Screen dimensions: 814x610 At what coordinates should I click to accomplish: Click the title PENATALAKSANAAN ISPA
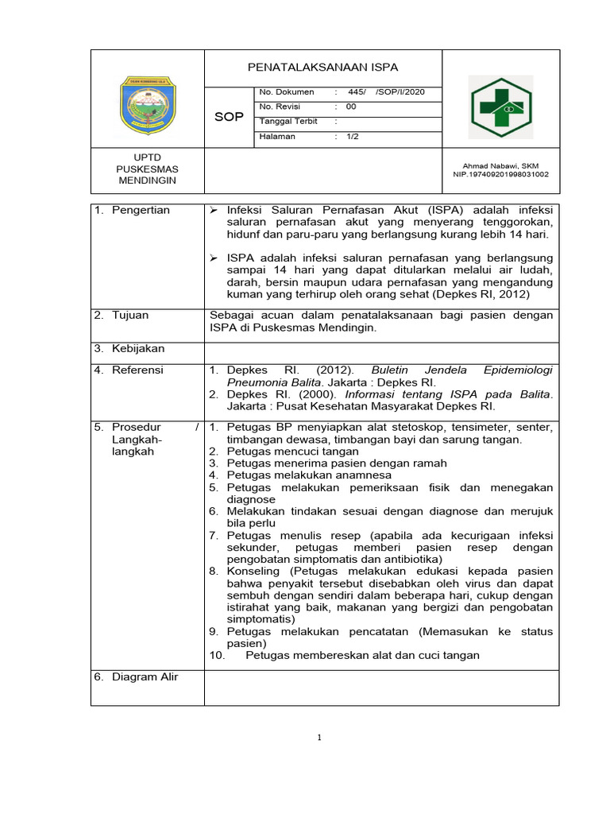[323, 68]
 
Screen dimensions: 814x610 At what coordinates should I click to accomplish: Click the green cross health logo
[500, 107]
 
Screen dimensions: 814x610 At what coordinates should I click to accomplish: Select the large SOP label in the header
[229, 117]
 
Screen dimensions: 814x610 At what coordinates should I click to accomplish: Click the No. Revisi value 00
[351, 107]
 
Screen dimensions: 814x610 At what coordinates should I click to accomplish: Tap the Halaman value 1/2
[353, 137]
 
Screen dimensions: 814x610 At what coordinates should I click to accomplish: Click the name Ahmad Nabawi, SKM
[500, 165]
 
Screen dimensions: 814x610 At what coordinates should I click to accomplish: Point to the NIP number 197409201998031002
[500, 174]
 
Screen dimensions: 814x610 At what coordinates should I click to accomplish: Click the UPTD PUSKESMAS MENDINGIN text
[147, 169]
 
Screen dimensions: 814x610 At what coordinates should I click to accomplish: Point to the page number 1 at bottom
[319, 738]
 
